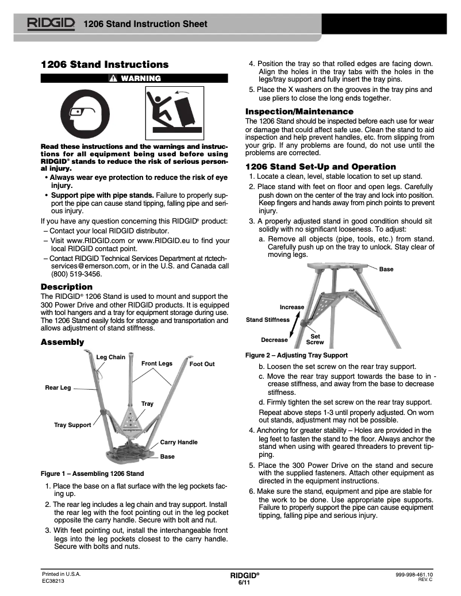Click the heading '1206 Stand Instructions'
(105, 64)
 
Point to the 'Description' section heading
(66, 286)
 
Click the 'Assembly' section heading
(62, 342)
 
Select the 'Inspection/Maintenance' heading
(299, 111)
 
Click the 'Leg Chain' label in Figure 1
(110, 357)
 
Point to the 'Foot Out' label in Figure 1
(202, 364)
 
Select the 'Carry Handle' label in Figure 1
(179, 442)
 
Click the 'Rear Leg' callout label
(58, 387)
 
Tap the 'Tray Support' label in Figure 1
(72, 425)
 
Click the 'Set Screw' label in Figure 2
(315, 339)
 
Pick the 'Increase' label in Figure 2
(291, 307)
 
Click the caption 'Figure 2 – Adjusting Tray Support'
(296, 355)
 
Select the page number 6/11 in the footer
(244, 583)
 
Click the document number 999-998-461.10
(414, 574)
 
